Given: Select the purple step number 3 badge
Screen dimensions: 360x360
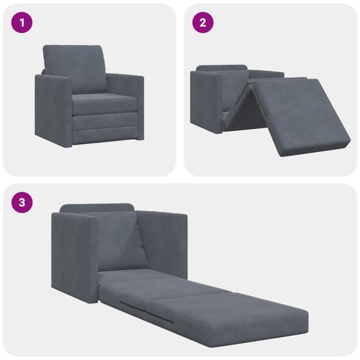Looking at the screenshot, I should point(22,202).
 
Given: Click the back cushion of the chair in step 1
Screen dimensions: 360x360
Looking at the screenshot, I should point(75,67).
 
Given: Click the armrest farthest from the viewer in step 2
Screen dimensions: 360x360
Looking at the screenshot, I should point(267,74).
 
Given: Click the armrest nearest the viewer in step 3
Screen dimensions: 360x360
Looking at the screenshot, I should point(73,258).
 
